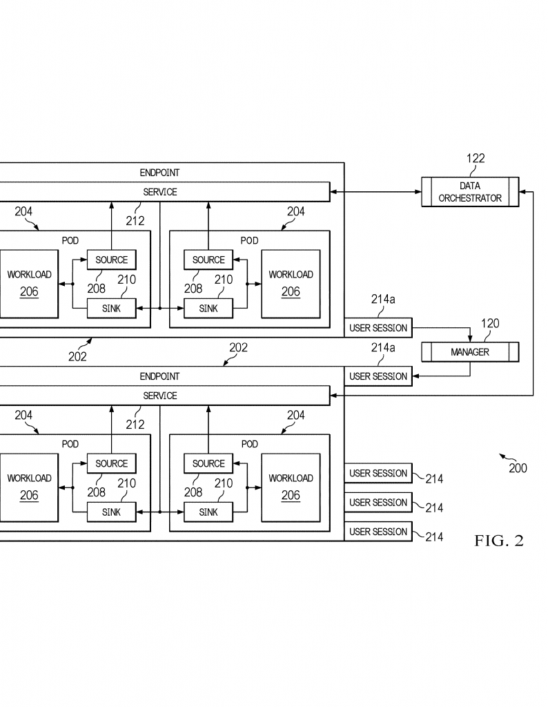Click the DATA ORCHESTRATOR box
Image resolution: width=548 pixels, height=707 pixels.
[x=470, y=192]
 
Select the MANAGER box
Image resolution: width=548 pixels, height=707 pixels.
[x=470, y=352]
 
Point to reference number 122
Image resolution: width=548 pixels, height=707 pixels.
[x=476, y=158]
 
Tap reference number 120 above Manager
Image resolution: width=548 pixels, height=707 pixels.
[x=490, y=323]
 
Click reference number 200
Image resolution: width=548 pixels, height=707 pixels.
[x=518, y=468]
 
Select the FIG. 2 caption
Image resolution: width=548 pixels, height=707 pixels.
[x=499, y=540]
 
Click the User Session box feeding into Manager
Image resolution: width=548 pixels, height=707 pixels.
[x=378, y=328]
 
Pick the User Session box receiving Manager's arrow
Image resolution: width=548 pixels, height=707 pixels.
[x=378, y=376]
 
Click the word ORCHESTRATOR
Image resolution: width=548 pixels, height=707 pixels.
[x=470, y=198]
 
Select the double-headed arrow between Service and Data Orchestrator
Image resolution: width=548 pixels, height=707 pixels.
[x=376, y=192]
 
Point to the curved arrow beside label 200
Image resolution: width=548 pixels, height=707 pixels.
[x=504, y=457]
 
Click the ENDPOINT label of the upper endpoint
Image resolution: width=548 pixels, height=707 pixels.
[x=159, y=173]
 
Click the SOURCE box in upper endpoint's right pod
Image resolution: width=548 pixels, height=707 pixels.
[x=208, y=260]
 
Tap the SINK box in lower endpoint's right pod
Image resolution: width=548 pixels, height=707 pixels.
[x=208, y=512]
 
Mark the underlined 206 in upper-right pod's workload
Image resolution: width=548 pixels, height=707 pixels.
[x=291, y=292]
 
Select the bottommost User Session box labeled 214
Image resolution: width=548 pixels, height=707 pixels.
[x=378, y=532]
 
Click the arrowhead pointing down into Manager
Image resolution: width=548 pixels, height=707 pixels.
[x=470, y=338]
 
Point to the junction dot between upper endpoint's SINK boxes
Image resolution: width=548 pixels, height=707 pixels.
[x=160, y=309]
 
